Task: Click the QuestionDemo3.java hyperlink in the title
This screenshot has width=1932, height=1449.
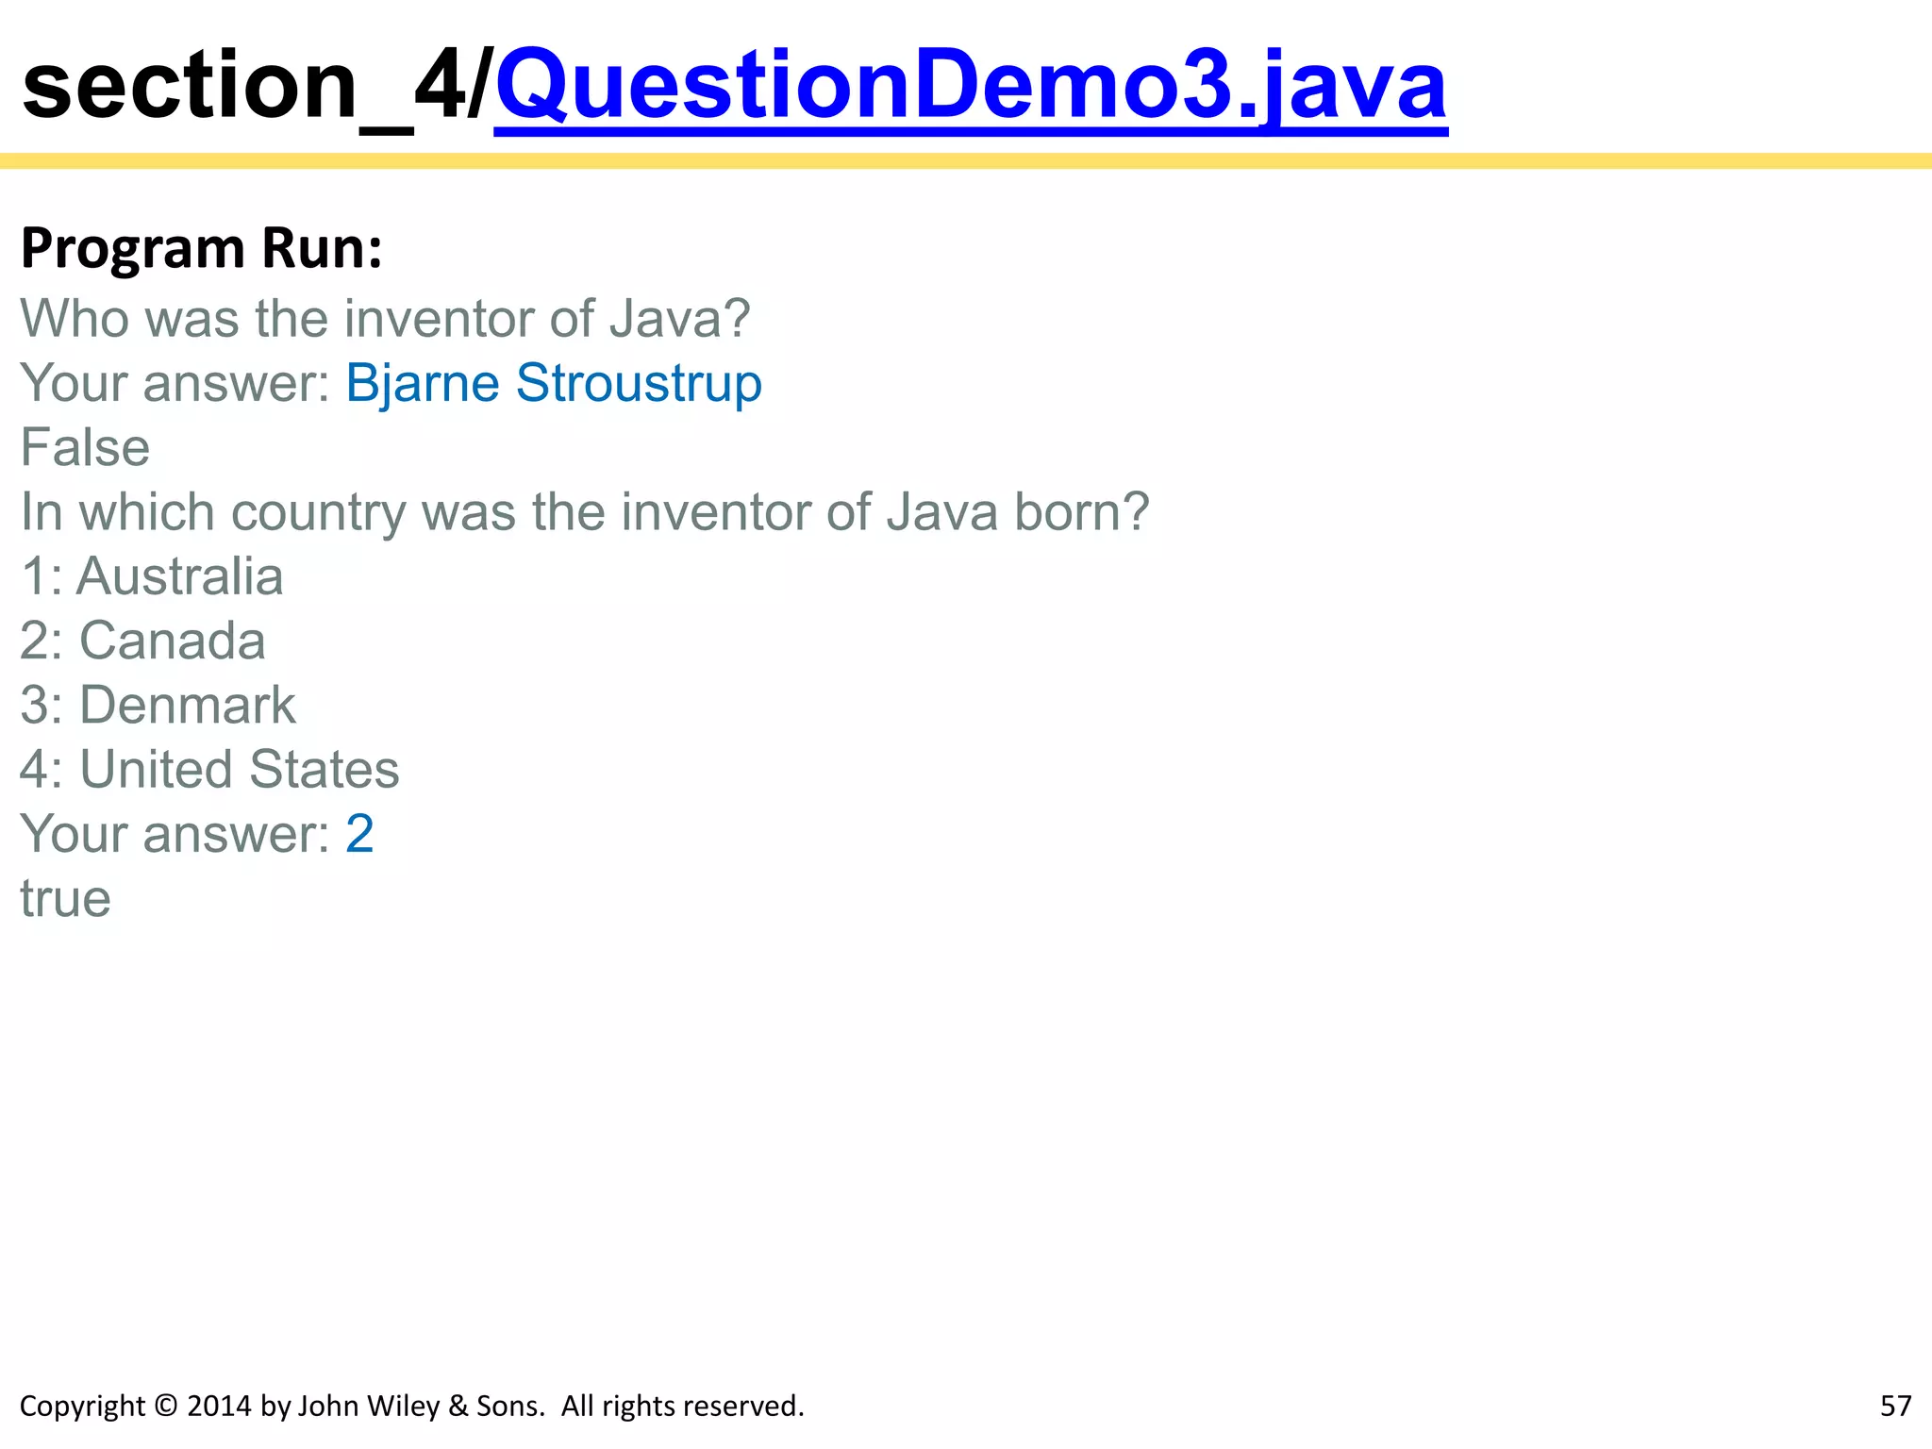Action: point(970,87)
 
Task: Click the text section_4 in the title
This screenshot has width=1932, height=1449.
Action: point(241,87)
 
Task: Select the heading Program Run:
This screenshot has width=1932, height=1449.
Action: point(202,248)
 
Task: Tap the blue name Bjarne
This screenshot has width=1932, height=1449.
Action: point(422,384)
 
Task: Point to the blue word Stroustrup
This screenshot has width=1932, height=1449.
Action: point(639,384)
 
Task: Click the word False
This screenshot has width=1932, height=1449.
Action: point(85,448)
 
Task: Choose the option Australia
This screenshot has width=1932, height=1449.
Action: point(179,576)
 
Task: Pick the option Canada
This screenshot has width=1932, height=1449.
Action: point(172,641)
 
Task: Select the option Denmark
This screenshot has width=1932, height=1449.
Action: point(187,706)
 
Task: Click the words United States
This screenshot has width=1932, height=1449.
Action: point(240,770)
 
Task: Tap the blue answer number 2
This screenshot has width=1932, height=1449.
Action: point(359,834)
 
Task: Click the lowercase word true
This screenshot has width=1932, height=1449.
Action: point(65,899)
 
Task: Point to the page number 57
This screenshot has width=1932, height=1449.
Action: point(1895,1407)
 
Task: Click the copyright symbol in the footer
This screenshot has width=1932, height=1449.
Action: point(165,1407)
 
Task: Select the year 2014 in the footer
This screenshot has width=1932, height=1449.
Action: point(220,1407)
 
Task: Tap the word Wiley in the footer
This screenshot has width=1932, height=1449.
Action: point(406,1407)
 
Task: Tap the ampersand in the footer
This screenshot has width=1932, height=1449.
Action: point(458,1407)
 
